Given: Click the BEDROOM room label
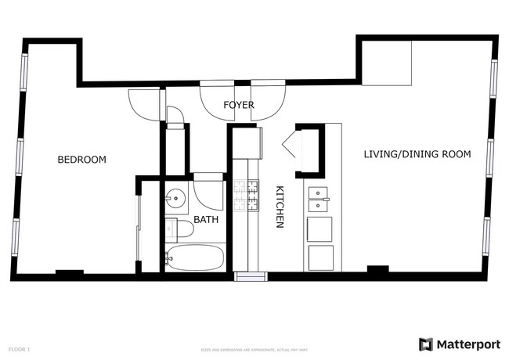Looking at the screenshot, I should [x=81, y=160].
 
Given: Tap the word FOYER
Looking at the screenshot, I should [x=239, y=105].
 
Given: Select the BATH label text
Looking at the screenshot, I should [x=206, y=220].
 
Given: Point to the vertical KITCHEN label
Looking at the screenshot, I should [x=279, y=207].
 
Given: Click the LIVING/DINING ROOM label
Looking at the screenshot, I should [x=417, y=154].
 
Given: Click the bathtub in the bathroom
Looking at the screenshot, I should [x=194, y=257].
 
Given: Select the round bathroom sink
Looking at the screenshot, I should [x=176, y=198].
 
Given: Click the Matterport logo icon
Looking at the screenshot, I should [x=426, y=344].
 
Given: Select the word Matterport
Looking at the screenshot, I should [x=467, y=344].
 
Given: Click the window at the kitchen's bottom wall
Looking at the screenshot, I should [x=251, y=276].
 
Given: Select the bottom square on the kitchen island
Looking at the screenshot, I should [x=319, y=257].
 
